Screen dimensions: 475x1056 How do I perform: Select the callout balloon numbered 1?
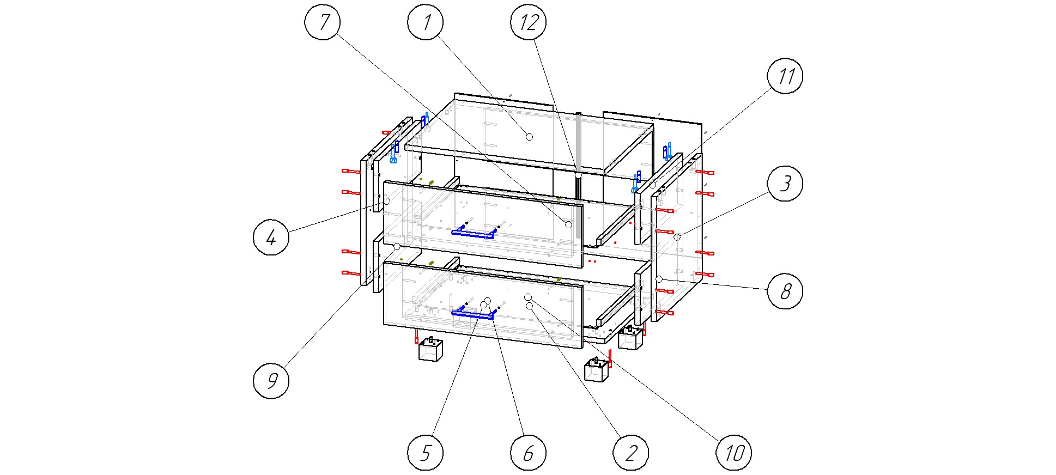coord(425,22)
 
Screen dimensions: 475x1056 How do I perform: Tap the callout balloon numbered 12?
coord(528,22)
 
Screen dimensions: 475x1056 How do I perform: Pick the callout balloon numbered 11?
coord(785,76)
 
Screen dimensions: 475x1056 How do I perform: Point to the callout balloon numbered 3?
coord(785,184)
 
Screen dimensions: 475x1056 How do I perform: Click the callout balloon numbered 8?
coord(785,291)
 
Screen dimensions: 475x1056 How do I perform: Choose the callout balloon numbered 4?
coord(271,237)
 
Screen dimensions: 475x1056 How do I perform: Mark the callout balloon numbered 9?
coord(271,380)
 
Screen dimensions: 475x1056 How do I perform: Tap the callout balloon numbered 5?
coord(425,453)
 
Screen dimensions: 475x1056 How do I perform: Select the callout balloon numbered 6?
coord(528,453)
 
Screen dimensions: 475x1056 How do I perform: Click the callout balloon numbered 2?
coord(630,453)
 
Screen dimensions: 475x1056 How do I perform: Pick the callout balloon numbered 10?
coord(733,453)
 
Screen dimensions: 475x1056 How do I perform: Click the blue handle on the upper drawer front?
coord(472,234)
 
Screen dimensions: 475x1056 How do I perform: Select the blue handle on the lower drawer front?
coord(472,314)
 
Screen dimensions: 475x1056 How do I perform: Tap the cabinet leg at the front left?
coord(430,350)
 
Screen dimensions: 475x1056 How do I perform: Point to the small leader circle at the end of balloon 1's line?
coord(529,137)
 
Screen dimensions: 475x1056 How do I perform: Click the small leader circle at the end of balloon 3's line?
coord(677,237)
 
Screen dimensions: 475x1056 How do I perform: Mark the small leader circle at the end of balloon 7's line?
coord(568,224)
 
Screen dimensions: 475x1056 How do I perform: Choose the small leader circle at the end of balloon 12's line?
coord(578,175)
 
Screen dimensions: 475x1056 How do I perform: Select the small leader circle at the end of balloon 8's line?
coord(659,279)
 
